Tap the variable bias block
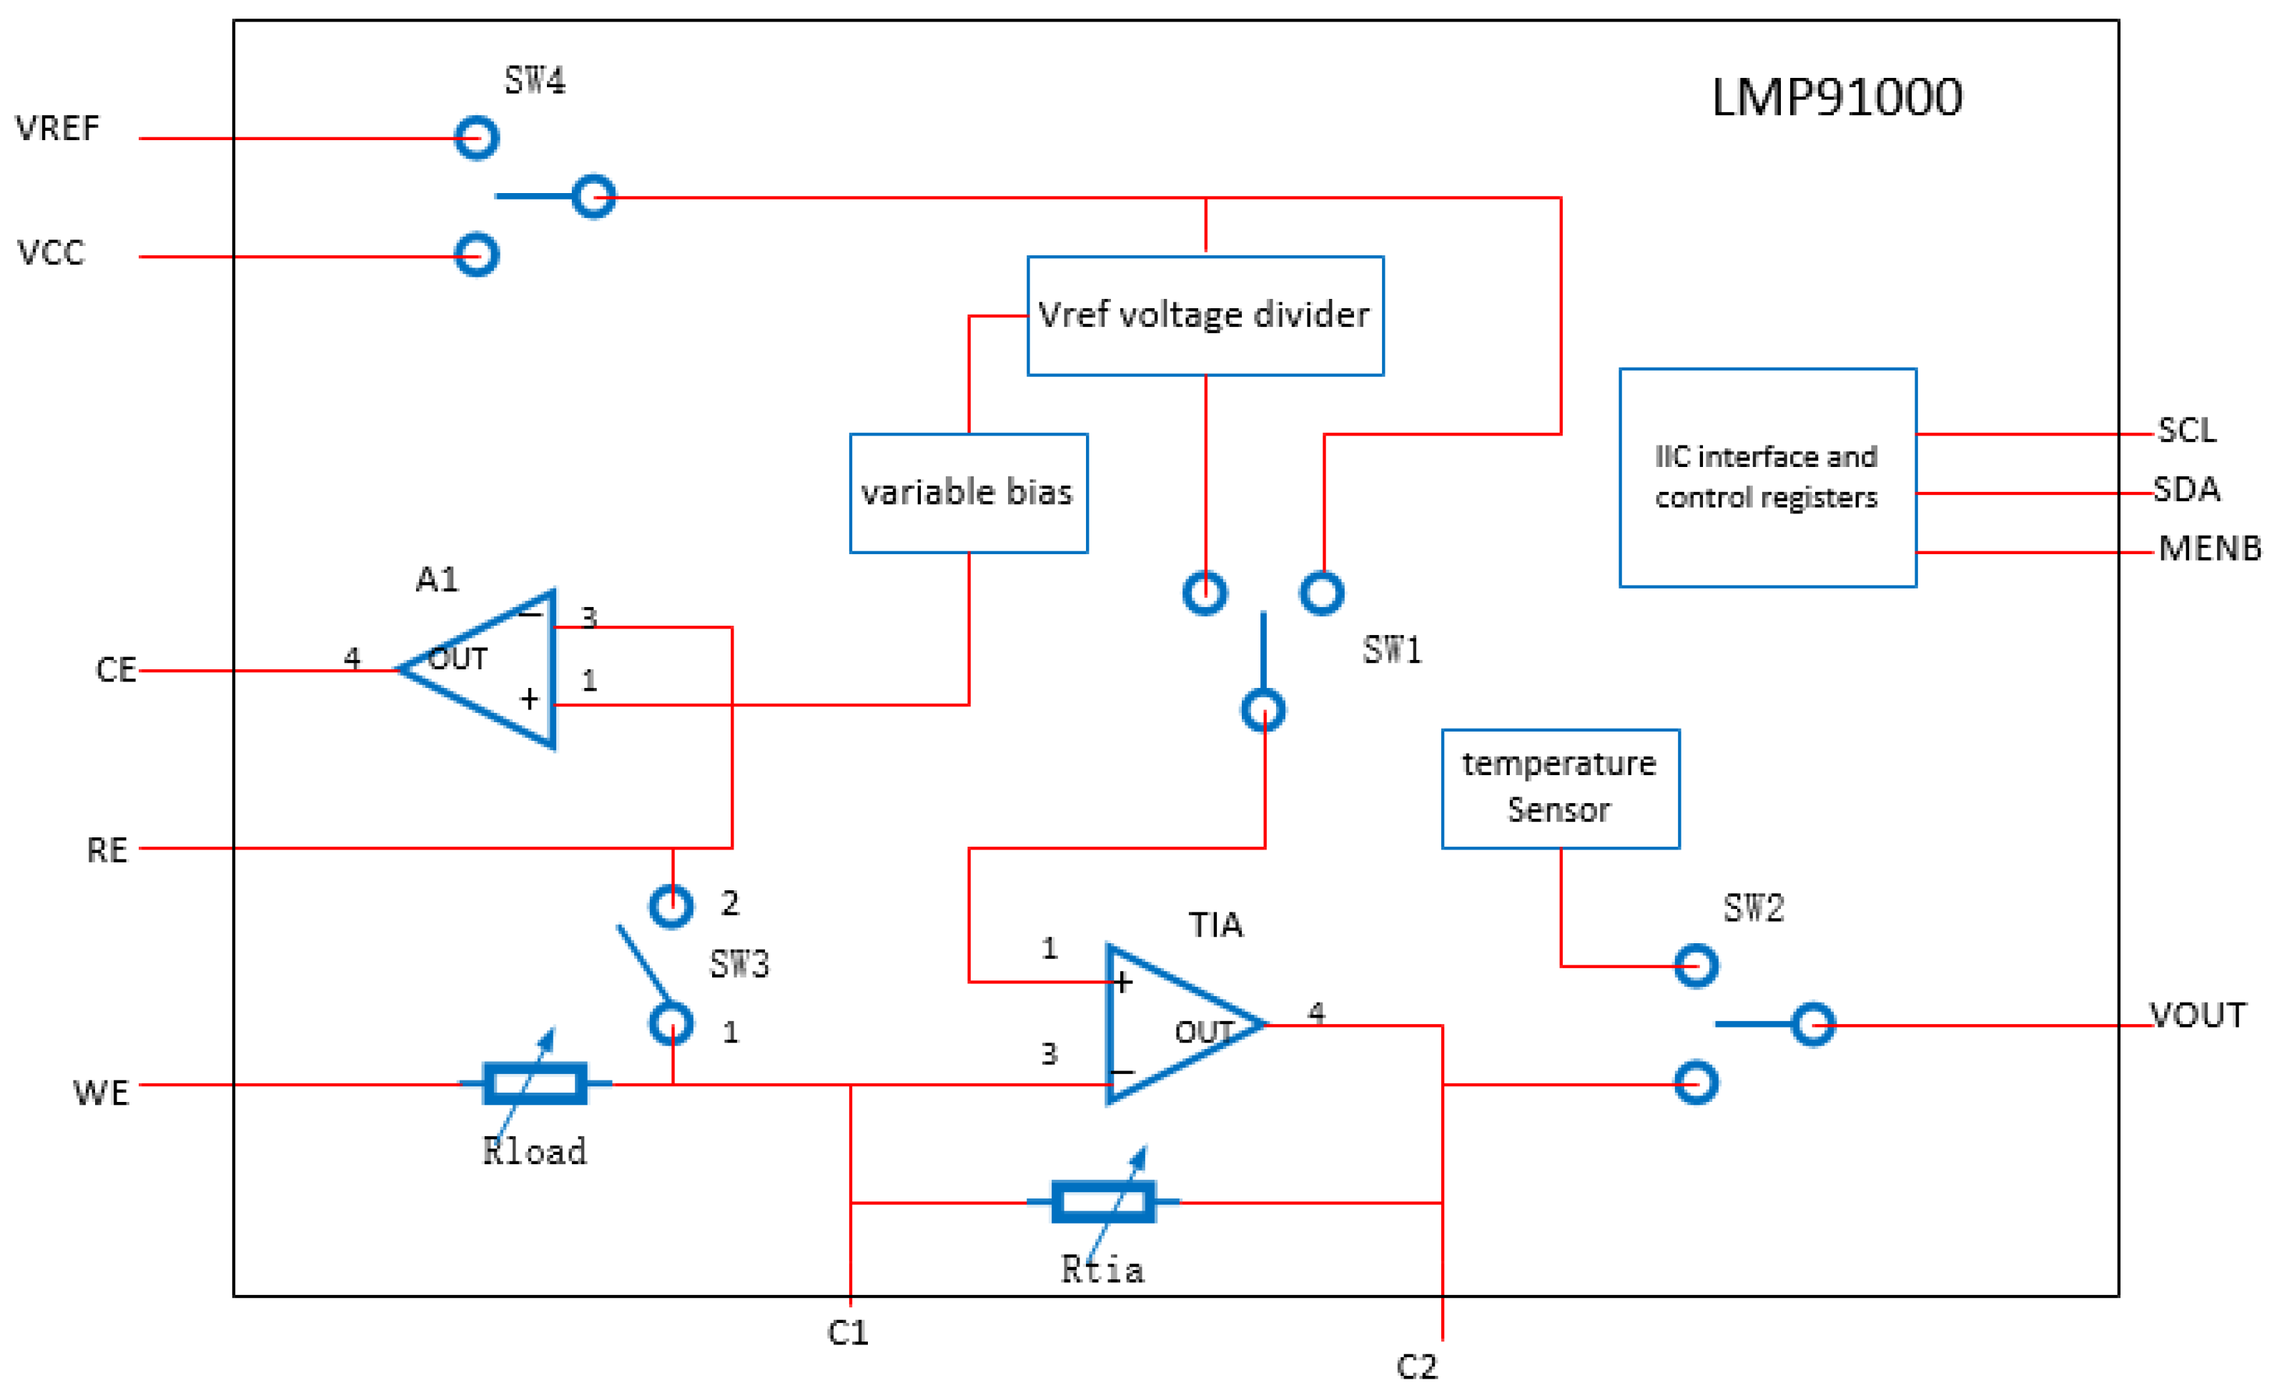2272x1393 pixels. (x=967, y=493)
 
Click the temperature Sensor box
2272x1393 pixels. (x=1559, y=788)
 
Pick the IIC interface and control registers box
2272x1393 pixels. (x=1767, y=477)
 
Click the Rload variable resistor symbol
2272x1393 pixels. (x=535, y=1083)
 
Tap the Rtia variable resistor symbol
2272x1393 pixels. (x=1103, y=1201)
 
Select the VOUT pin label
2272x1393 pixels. (x=2198, y=1015)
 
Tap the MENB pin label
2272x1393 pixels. (x=2209, y=549)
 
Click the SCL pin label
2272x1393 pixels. (x=2187, y=430)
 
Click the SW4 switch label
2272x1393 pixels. (x=535, y=82)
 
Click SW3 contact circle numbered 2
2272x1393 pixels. (x=671, y=906)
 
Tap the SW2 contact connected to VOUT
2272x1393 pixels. (x=1813, y=1024)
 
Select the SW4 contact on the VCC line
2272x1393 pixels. (x=477, y=255)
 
